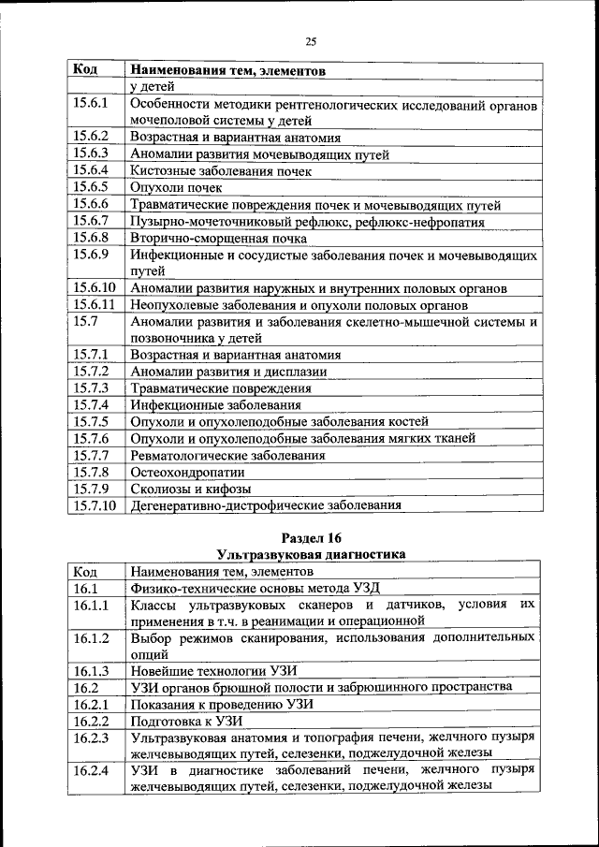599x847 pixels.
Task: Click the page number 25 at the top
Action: (311, 41)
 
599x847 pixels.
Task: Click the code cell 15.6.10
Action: (95, 287)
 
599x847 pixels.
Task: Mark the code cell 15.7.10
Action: (95, 506)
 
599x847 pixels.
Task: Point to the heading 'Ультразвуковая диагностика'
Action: (311, 554)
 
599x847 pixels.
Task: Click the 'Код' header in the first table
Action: (85, 70)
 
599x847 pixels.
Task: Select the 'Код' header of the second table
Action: (85, 571)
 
